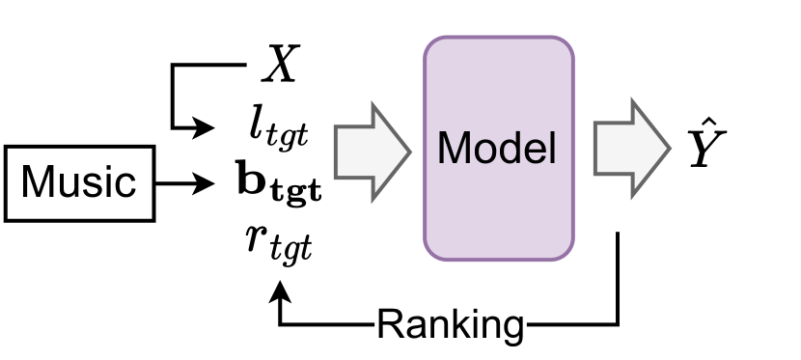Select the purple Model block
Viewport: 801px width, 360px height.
tap(498, 149)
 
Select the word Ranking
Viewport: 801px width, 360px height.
tap(450, 324)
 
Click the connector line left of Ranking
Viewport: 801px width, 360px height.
tap(328, 322)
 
